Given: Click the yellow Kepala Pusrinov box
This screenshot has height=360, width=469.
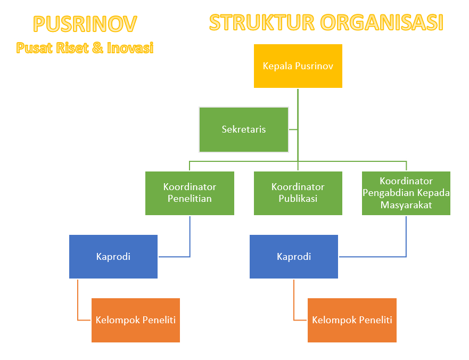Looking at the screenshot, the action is pos(298,66).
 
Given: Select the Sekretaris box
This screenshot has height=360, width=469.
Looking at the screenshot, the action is pos(244,129).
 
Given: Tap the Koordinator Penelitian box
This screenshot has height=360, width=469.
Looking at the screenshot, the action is pos(190,193).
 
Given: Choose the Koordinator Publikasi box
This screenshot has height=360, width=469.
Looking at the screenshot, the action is pos(298,193).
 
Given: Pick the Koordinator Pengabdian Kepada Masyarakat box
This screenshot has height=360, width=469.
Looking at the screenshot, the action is pos(406,193).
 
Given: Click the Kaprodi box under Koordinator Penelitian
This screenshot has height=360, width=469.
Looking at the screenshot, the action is pos(113,257).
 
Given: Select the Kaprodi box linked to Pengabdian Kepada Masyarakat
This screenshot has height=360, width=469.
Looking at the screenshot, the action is pos(294,257).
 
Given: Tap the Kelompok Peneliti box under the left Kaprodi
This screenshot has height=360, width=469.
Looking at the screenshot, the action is pos(136,320).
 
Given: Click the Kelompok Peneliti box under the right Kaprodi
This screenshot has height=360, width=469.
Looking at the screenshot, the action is pos(352,320).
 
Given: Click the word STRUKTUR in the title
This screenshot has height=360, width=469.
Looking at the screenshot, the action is pos(262,23).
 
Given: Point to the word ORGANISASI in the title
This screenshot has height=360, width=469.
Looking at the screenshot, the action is pos(382,23).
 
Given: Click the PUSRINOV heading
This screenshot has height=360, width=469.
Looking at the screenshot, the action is pos(85,24).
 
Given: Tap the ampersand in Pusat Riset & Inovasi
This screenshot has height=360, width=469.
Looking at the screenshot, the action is pos(97,48).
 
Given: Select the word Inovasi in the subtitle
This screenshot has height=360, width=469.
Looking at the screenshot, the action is pos(130,48).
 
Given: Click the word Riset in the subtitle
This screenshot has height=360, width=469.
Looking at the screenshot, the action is pos(72,48).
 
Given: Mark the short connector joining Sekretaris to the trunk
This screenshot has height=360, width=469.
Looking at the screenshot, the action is pos(293,129).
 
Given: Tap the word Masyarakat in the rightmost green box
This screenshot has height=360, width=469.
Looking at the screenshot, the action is pos(406,205).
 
